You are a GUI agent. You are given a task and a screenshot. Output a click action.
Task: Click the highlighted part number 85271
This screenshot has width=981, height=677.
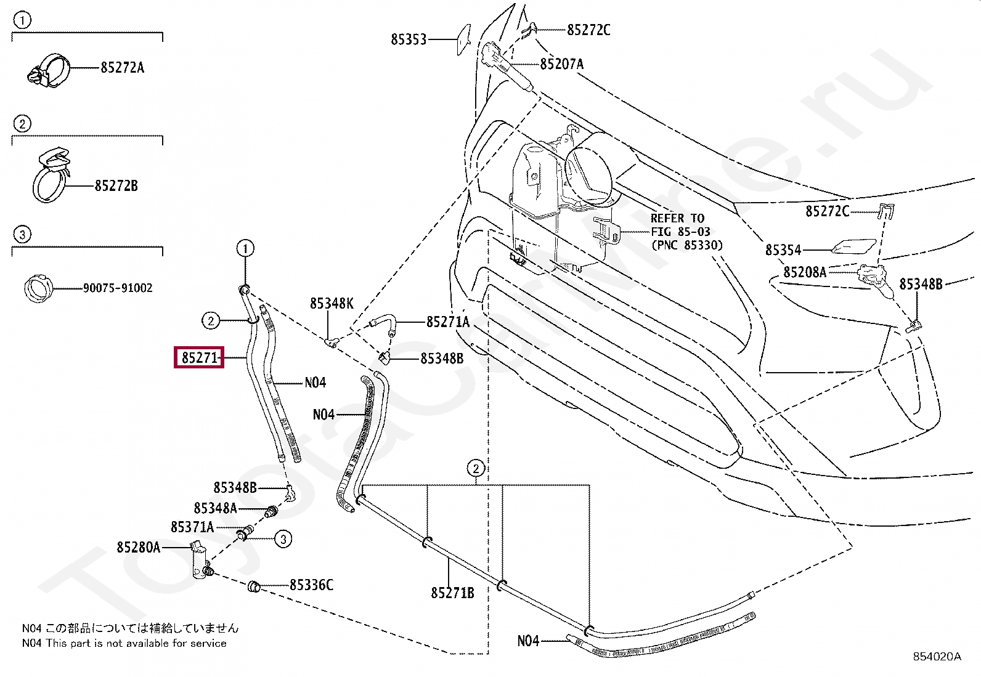200,358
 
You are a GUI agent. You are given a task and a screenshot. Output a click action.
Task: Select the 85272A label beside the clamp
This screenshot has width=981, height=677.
122,67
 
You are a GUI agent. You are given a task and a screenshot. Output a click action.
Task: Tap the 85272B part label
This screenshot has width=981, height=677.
116,185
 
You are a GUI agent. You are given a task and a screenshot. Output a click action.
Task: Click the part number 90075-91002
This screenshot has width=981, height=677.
118,288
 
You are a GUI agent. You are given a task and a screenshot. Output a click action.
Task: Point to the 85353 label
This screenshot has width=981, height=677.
409,39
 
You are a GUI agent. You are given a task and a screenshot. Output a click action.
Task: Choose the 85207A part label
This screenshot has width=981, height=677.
561,64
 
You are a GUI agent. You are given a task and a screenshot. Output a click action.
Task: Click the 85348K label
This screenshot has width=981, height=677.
332,304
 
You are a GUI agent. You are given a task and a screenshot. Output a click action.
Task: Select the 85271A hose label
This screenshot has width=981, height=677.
447,322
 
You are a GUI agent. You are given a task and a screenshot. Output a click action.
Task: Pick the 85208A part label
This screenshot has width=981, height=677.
805,272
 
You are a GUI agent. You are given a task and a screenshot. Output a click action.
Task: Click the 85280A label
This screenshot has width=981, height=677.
139,547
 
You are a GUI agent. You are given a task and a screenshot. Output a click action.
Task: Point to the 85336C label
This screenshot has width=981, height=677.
311,585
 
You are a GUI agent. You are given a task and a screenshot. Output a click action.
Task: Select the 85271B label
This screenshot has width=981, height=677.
452,593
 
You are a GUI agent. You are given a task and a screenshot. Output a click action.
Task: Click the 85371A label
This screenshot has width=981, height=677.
192,527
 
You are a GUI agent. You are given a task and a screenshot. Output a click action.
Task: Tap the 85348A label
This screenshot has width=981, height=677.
215,508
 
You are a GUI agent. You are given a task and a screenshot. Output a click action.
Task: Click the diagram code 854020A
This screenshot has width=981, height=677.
937,656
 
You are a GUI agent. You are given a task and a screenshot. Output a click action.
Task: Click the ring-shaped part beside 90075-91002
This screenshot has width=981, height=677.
39,288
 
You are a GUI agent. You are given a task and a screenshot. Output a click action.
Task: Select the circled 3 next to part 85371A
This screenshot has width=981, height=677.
283,539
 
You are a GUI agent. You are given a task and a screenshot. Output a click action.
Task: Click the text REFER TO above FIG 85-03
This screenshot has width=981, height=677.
677,218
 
